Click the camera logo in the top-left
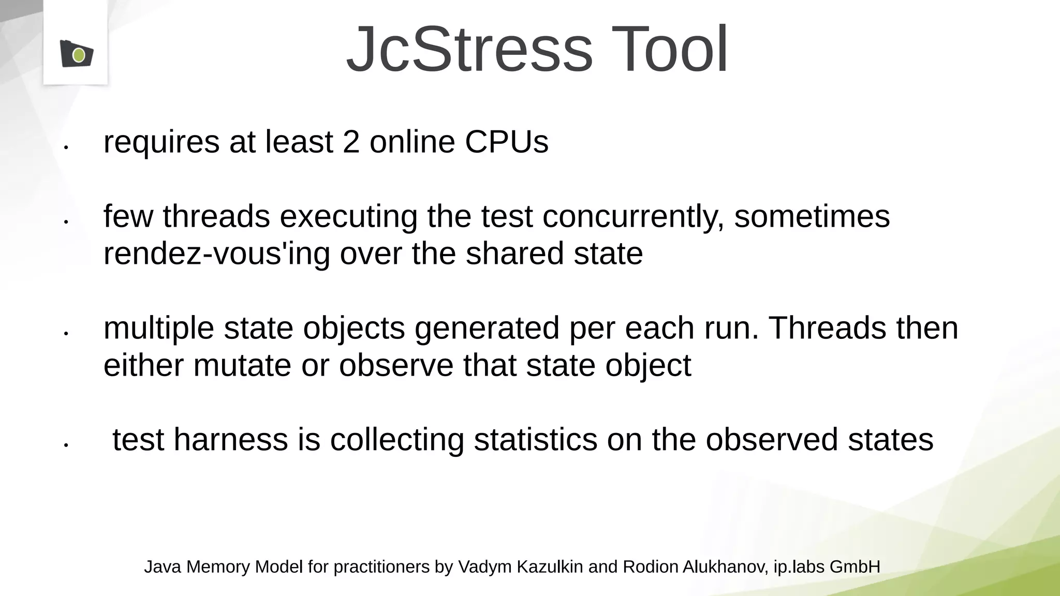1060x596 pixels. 77,54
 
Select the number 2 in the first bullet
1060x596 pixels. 351,142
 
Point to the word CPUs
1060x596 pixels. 507,142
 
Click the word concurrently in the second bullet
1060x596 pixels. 633,216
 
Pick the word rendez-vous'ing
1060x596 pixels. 216,254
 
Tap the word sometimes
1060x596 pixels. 812,216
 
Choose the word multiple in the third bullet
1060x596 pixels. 158,328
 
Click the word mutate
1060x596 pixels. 242,365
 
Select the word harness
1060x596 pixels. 230,440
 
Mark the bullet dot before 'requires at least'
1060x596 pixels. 66,147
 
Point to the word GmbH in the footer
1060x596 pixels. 855,567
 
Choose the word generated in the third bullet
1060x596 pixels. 487,328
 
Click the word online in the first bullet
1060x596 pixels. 412,142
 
